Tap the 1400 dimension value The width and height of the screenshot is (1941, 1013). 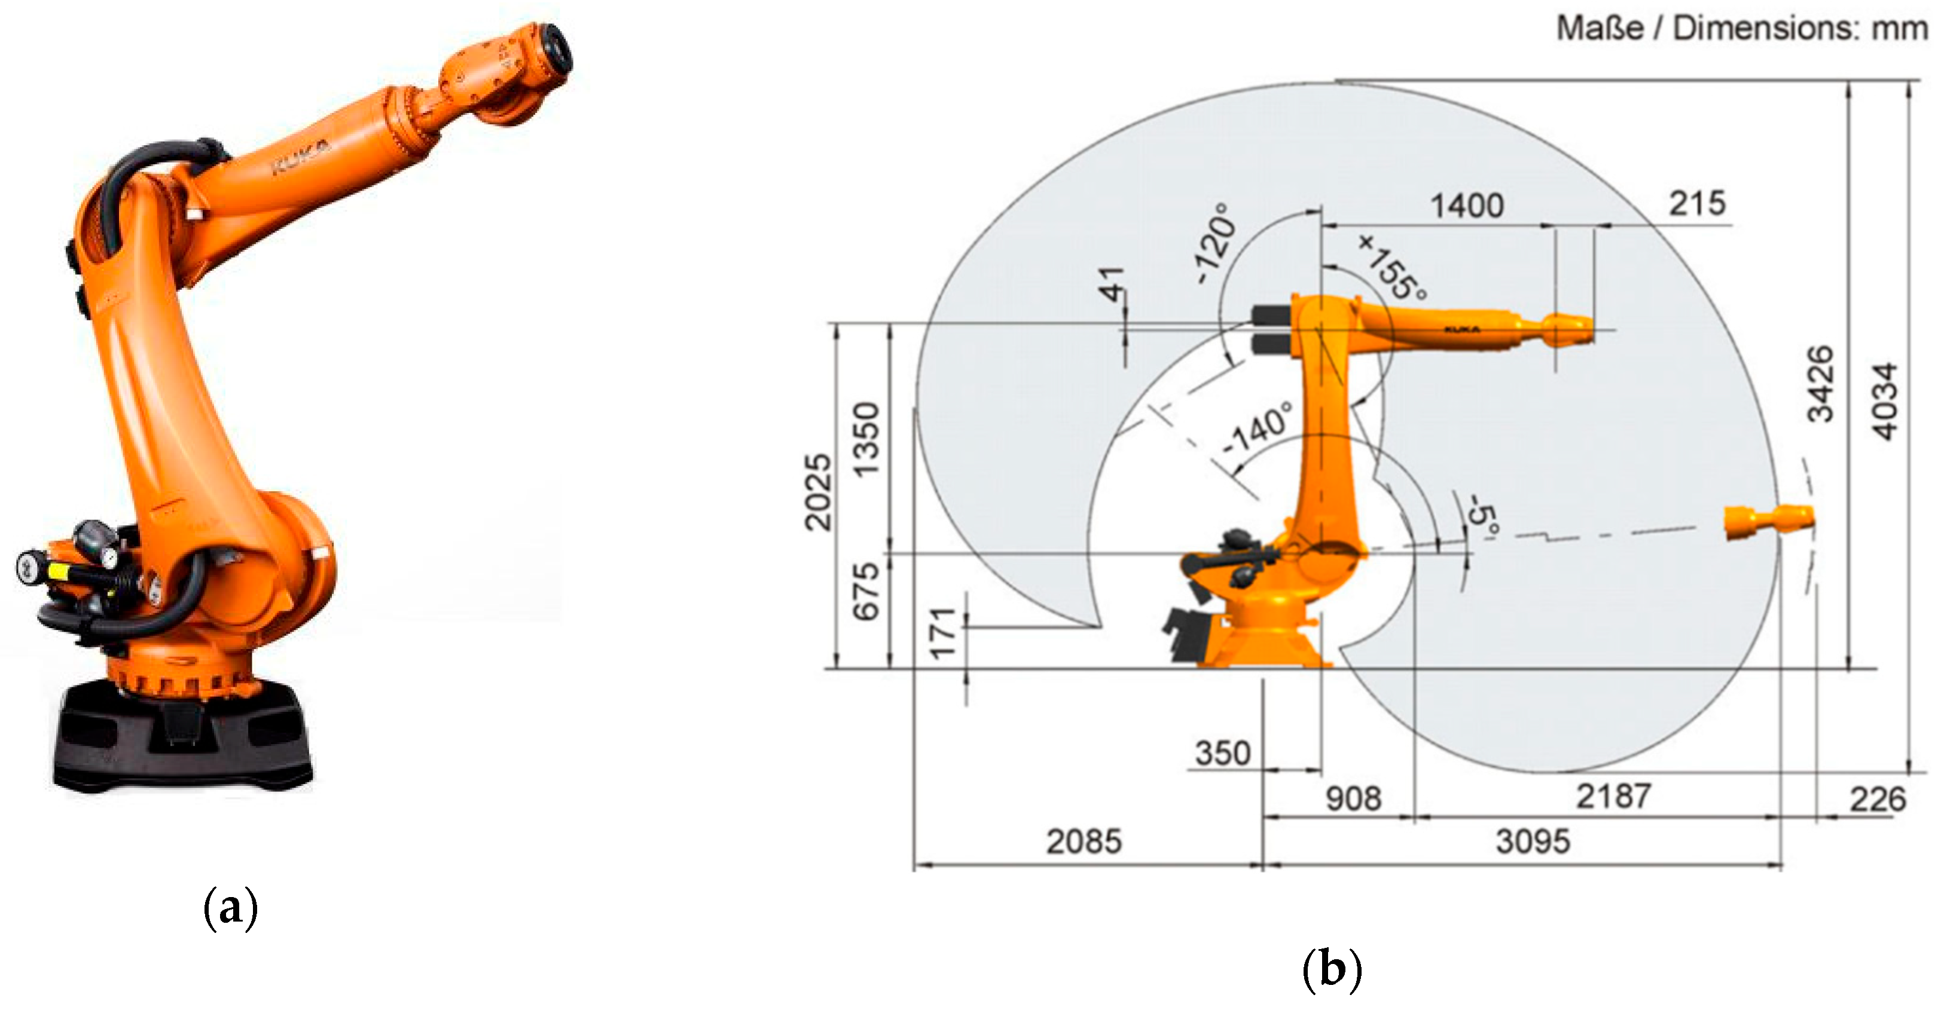pyautogui.click(x=1466, y=206)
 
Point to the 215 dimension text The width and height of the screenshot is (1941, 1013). pyautogui.click(x=1696, y=203)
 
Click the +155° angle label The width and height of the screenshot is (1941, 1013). pyautogui.click(x=1393, y=267)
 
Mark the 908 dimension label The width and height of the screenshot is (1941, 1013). pyautogui.click(x=1353, y=798)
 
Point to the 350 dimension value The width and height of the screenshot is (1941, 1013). pyautogui.click(x=1222, y=753)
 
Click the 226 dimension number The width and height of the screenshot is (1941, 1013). pyautogui.click(x=1877, y=799)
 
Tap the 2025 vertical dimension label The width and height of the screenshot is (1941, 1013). pyautogui.click(x=818, y=492)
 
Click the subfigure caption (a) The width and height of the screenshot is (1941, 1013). pyautogui.click(x=231, y=909)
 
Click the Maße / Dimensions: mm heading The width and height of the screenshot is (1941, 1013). pyautogui.click(x=1741, y=29)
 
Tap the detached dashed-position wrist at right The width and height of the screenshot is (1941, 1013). pyautogui.click(x=1769, y=522)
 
